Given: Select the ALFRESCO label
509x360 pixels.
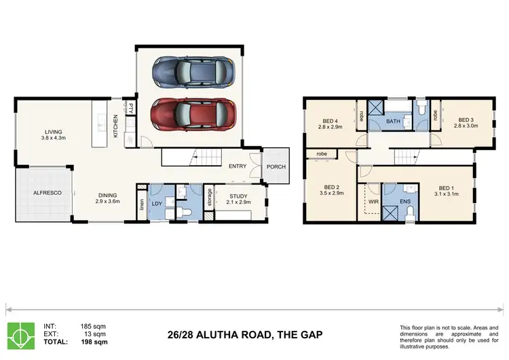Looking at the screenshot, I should pyautogui.click(x=48, y=194).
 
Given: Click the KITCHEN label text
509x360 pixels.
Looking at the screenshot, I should pyautogui.click(x=115, y=126).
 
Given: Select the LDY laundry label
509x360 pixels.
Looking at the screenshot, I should pyautogui.click(x=156, y=203).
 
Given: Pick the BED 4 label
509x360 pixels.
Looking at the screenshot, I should pyautogui.click(x=332, y=123).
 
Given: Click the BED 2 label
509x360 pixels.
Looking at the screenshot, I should pyautogui.click(x=331, y=190).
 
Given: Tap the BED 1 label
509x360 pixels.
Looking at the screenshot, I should pyautogui.click(x=445, y=191).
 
